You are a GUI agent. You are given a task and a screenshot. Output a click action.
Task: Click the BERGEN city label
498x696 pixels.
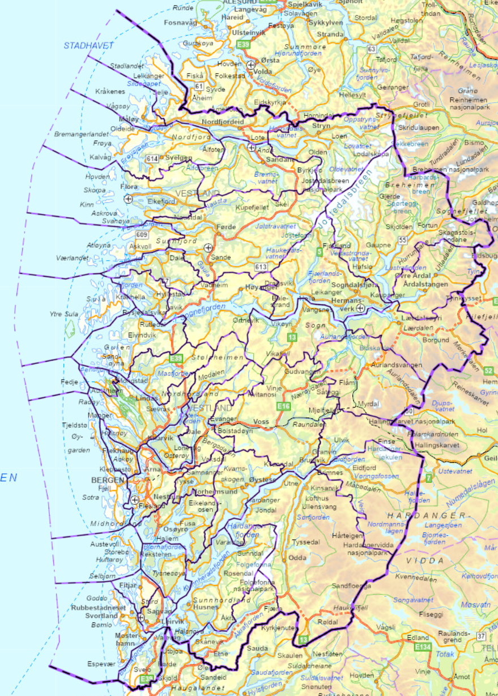tap(107, 480)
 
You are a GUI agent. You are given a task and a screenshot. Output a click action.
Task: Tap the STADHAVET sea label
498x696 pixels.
tap(89, 45)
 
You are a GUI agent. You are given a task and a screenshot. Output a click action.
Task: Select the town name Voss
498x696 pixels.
tap(261, 422)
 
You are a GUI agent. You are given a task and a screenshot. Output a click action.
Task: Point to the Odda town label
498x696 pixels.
tap(298, 557)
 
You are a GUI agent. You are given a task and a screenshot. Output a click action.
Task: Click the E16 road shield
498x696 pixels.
tap(284, 406)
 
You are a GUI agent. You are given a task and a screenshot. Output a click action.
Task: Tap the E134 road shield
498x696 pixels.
tap(422, 647)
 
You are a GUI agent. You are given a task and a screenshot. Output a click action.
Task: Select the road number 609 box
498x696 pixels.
tap(142, 235)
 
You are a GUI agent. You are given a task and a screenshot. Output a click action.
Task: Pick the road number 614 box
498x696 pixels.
tap(151, 159)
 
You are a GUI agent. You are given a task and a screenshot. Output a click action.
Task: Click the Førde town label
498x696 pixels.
tap(227, 227)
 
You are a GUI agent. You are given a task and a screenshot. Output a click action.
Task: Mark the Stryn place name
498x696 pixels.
tap(321, 126)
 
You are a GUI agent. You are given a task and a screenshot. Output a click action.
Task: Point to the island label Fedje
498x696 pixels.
tap(69, 382)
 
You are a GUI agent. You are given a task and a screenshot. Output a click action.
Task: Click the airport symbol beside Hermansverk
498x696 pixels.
tap(361, 308)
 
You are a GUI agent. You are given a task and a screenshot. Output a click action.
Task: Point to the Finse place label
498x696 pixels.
tap(386, 441)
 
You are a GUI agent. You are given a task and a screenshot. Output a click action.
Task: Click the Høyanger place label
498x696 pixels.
tap(259, 287)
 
